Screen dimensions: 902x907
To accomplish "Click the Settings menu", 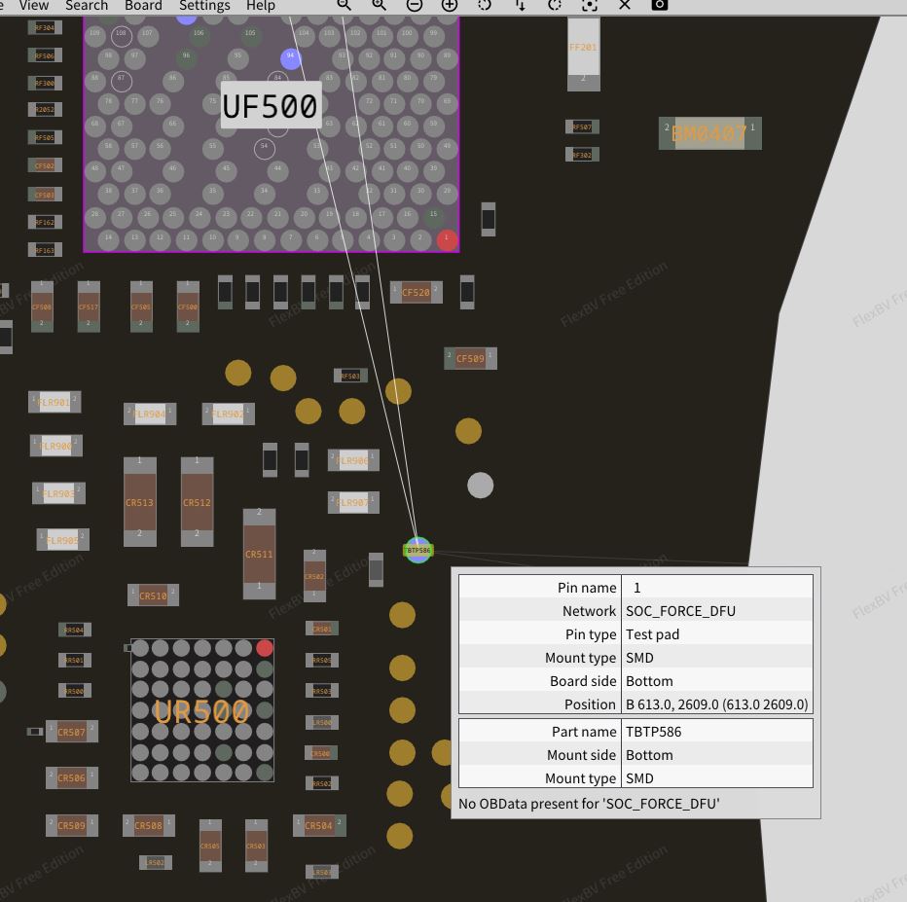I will [204, 6].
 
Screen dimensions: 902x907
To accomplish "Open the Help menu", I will [260, 6].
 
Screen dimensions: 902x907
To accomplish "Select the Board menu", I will [143, 6].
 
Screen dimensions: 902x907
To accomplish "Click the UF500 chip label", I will [270, 106].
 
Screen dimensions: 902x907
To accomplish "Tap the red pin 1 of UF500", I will [447, 238].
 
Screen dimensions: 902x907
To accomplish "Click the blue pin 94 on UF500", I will [290, 58].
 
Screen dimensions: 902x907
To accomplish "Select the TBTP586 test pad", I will [417, 550].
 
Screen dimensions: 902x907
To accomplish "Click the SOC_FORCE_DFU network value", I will [680, 611].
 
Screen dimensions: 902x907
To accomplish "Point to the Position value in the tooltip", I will [716, 704].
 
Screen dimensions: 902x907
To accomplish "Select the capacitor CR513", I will [140, 502].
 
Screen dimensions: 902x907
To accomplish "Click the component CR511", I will [259, 554].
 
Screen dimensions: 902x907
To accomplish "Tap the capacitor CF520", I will [416, 292].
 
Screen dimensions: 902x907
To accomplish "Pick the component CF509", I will [470, 359].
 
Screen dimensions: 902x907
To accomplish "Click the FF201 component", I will [583, 54].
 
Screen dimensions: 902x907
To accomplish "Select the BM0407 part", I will [709, 133].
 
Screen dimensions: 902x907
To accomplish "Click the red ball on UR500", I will [265, 648].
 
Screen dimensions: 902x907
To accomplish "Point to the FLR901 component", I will [55, 402].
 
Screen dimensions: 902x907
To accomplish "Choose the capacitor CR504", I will [318, 826].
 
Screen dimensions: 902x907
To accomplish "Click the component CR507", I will [71, 732].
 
